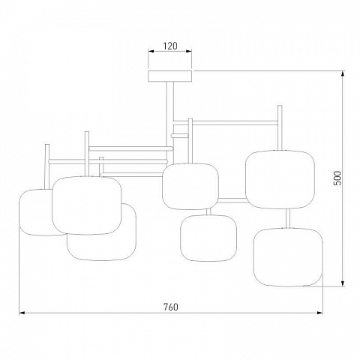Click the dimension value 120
[x=170, y=46]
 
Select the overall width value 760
[x=171, y=307]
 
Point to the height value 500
[x=337, y=178]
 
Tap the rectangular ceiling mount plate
[x=170, y=76]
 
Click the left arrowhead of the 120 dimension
[x=151, y=51]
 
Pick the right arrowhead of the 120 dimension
[x=189, y=51]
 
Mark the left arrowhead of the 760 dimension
[x=22, y=313]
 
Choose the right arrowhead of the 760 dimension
[x=319, y=313]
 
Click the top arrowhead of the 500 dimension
[x=343, y=74]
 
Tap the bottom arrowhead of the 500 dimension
[x=343, y=283]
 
